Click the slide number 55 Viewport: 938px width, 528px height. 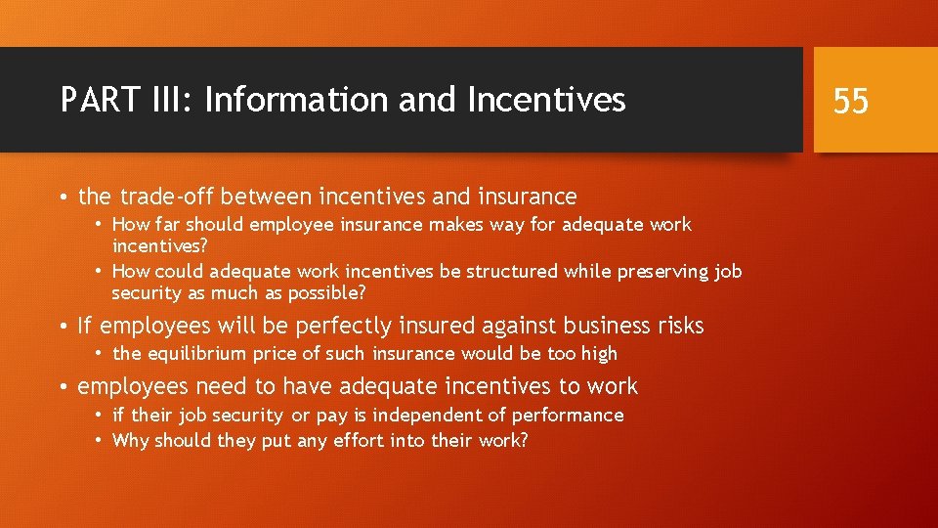(851, 100)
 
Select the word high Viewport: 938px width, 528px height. (595, 354)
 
